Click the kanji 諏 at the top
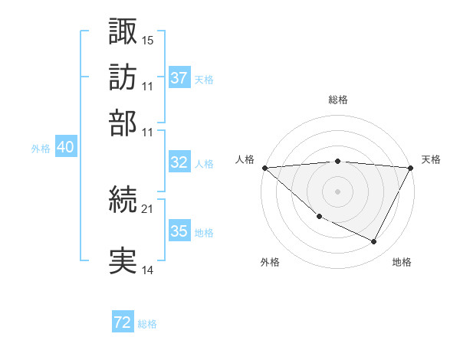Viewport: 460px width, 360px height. (x=123, y=31)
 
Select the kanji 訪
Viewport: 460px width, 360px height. (x=123, y=77)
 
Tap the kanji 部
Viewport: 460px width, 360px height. (x=123, y=123)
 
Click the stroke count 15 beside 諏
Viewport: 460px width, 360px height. (x=148, y=39)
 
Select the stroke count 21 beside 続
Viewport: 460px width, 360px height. (x=148, y=208)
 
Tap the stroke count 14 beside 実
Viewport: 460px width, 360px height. (x=148, y=270)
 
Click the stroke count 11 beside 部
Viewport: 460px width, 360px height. (x=148, y=132)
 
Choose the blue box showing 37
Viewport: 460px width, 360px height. (x=179, y=78)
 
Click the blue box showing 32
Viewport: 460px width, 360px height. (x=179, y=162)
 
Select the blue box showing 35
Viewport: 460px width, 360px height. (x=179, y=231)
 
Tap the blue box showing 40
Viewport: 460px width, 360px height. (x=65, y=148)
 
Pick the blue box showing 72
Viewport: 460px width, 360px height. (x=123, y=322)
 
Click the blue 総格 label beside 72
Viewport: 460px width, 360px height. (x=147, y=324)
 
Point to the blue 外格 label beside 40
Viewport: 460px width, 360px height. (x=41, y=149)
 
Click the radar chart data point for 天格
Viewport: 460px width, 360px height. (x=412, y=168)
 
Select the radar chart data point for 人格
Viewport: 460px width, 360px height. (x=264, y=168)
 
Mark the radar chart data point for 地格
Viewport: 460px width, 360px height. (x=374, y=242)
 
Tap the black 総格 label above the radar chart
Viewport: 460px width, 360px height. (x=338, y=100)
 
